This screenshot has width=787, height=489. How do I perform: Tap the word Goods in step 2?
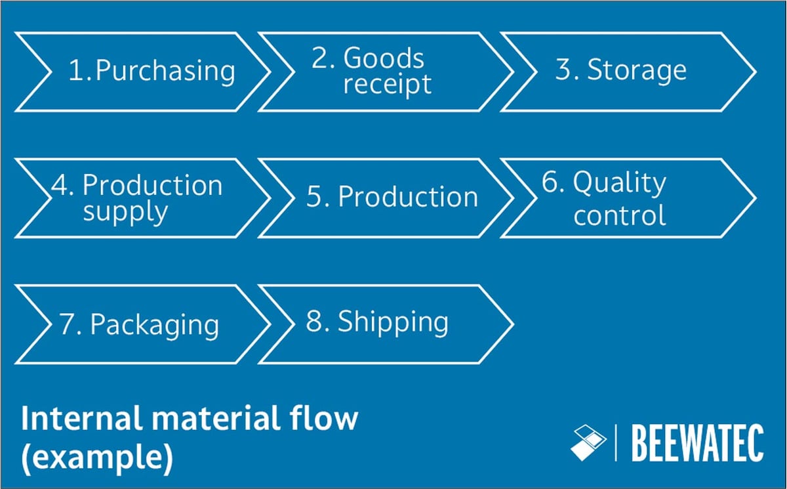[384, 58]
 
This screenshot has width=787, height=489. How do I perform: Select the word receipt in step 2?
[388, 85]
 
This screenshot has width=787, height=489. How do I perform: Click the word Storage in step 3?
[637, 70]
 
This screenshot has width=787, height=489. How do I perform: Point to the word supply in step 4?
[125, 213]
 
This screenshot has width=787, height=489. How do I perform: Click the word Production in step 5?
[408, 198]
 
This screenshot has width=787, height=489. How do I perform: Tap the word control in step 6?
[619, 215]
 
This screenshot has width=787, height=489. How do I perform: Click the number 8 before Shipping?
[315, 322]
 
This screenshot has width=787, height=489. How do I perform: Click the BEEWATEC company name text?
[696, 443]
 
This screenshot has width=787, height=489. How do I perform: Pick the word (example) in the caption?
[97, 459]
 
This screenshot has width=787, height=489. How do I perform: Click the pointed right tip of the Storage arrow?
[754, 71]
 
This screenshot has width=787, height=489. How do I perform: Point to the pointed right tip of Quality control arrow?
[754, 198]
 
